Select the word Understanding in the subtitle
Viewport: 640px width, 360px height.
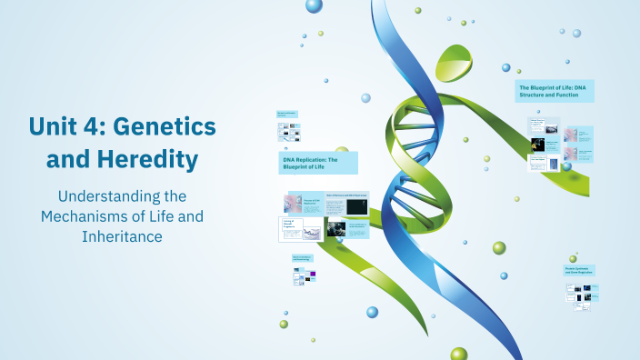click(122, 196)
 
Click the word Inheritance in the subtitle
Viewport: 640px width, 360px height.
click(122, 236)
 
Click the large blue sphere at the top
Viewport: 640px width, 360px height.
click(314, 5)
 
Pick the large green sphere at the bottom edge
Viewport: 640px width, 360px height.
click(458, 354)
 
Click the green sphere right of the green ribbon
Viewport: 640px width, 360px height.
click(499, 247)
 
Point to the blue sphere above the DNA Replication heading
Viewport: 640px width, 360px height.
click(365, 97)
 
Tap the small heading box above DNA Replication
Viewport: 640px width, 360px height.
click(286, 115)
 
